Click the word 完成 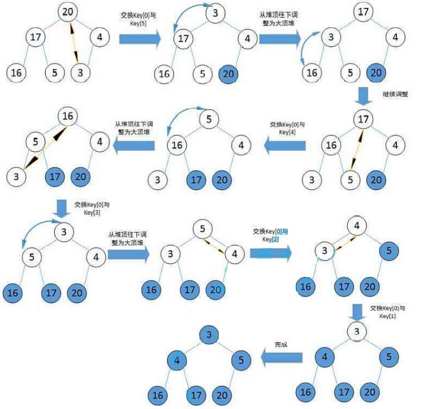tap(282, 344)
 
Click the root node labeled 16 tap(68, 117)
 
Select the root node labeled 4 tap(357, 225)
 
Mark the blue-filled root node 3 tap(209, 334)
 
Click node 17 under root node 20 tap(35, 38)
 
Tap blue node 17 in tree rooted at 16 tap(54, 177)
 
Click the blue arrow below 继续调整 tap(362, 95)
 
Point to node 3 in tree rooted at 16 tap(17, 177)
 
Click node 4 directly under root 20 tap(100, 38)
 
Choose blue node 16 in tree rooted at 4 tap(306, 286)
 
